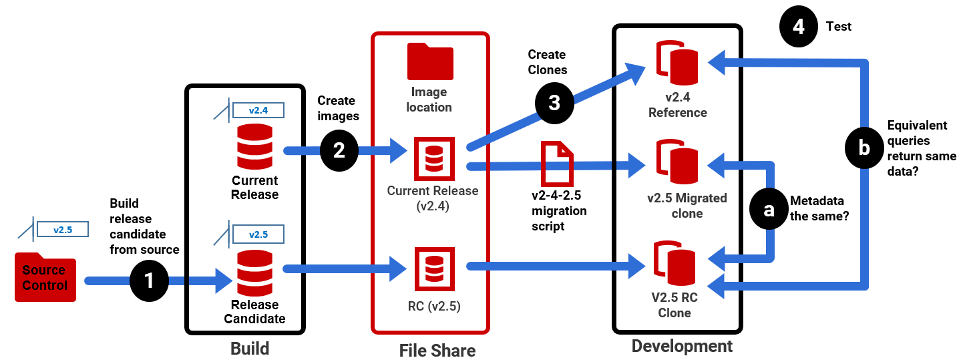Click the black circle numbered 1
click(148, 281)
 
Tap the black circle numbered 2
click(339, 150)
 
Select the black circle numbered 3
click(554, 103)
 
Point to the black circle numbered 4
click(799, 27)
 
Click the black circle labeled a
click(769, 209)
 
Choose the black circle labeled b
click(864, 148)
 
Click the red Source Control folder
click(45, 277)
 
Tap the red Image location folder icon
click(430, 63)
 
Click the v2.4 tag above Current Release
click(257, 110)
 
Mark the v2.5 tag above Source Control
click(63, 230)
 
